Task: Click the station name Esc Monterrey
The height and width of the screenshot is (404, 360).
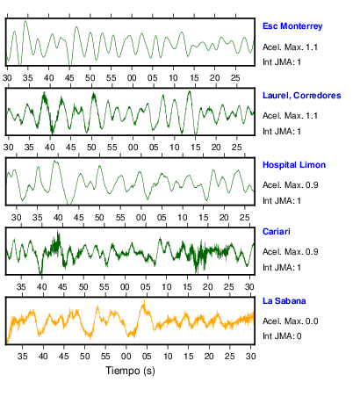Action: (x=292, y=26)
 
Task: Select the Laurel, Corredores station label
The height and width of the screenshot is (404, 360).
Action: (x=302, y=96)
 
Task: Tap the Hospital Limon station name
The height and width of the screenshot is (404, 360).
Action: (x=294, y=165)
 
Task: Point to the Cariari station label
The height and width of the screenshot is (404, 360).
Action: (x=277, y=232)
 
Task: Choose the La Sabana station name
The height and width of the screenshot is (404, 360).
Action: (x=284, y=301)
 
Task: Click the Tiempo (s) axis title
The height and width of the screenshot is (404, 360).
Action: (x=130, y=371)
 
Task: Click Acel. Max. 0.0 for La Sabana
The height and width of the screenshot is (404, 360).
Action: (x=291, y=321)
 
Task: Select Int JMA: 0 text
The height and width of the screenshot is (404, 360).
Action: (x=282, y=336)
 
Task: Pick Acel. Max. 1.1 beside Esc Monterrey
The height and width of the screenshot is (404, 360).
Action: (x=290, y=47)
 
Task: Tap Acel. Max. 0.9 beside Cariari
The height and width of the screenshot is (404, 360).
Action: (x=291, y=252)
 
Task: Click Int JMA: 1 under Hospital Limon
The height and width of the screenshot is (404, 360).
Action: (x=282, y=201)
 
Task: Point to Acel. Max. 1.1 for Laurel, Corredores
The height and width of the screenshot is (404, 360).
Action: (x=290, y=116)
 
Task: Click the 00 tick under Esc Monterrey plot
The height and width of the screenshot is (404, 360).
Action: (x=132, y=78)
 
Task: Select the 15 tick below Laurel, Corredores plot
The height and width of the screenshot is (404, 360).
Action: (x=195, y=148)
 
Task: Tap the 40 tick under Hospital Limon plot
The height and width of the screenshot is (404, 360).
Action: (x=58, y=218)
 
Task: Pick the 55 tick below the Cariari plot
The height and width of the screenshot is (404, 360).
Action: (x=104, y=287)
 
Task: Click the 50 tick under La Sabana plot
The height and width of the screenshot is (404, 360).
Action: (x=85, y=357)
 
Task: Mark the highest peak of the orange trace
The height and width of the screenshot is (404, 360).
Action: (x=144, y=300)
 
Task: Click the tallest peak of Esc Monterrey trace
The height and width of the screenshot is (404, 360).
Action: (x=25, y=21)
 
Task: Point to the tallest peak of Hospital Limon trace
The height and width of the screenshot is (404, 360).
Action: (x=55, y=161)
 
